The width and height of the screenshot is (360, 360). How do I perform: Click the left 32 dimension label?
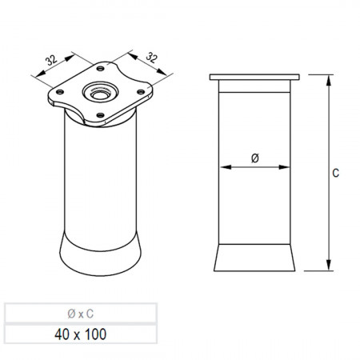coord(51,60)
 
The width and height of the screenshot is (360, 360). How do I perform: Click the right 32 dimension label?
coord(152,58)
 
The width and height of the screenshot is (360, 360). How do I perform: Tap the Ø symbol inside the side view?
coord(255,158)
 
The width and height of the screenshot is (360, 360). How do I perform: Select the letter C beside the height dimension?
coord(335,173)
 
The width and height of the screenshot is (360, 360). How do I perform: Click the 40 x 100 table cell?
coord(81,334)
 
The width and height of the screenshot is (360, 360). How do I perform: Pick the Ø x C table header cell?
coord(81,314)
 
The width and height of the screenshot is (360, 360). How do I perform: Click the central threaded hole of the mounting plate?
coord(100,93)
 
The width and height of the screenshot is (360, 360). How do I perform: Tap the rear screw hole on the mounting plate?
coord(100,69)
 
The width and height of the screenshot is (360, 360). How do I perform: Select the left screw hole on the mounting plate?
coord(60,92)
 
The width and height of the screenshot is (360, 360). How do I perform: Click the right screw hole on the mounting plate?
coord(141,92)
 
